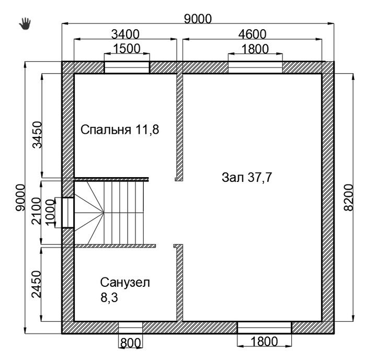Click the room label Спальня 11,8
[x=120, y=130]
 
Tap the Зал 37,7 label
[x=247, y=178]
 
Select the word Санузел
[x=125, y=283]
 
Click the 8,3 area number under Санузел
[x=109, y=298]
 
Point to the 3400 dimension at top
[x=125, y=34]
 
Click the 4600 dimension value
[x=252, y=34]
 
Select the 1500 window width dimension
[x=127, y=49]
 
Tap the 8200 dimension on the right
[x=349, y=198]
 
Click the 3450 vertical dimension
[x=37, y=135]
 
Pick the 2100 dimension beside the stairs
[x=37, y=211]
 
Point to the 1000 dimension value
[x=50, y=213]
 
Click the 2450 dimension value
[x=37, y=284]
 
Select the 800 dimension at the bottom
[x=131, y=343]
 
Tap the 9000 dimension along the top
[x=198, y=19]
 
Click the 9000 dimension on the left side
[x=20, y=198]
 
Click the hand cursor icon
[x=25, y=24]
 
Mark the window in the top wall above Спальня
[x=127, y=67]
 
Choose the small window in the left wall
[x=68, y=213]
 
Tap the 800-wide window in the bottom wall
[x=131, y=327]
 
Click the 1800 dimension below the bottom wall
[x=264, y=342]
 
